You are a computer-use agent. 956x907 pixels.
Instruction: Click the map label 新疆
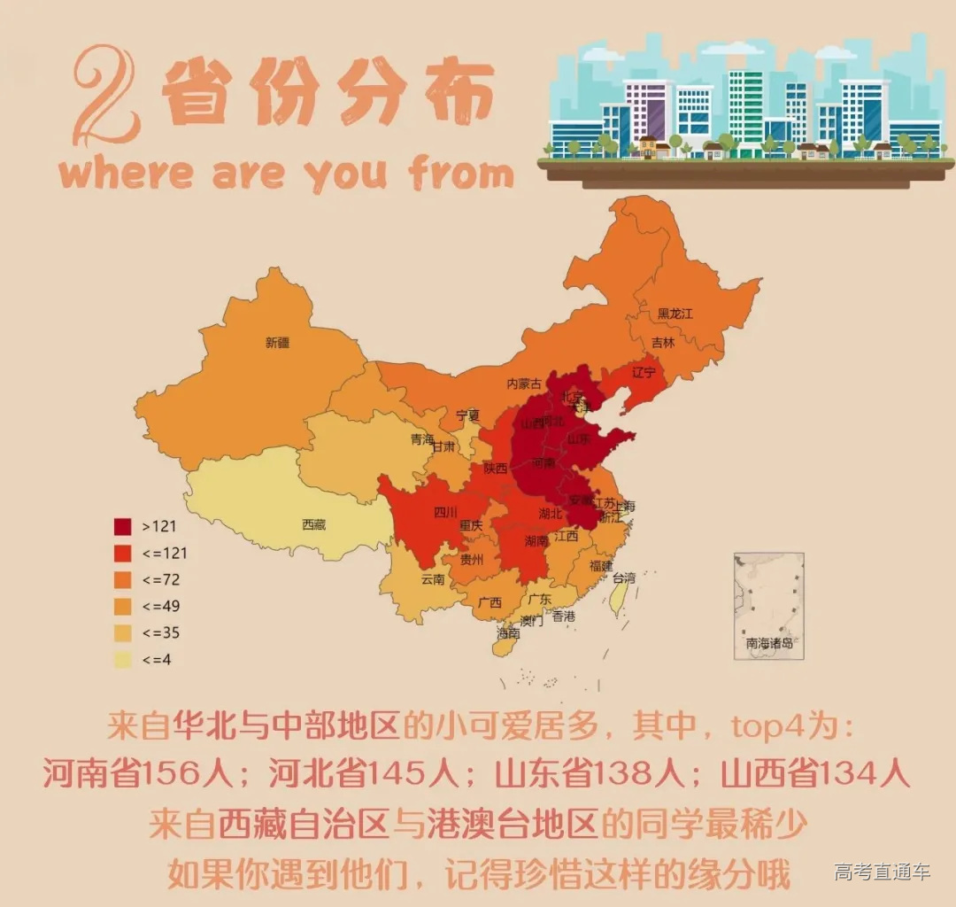(277, 342)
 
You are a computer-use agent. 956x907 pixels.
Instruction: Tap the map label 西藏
(313, 524)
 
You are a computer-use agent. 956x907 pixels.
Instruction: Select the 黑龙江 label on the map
(675, 314)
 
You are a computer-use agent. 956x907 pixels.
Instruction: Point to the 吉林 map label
(662, 342)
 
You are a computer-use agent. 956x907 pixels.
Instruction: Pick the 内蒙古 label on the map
(523, 384)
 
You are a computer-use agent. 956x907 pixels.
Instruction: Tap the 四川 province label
(445, 512)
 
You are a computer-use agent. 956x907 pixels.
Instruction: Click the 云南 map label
(432, 579)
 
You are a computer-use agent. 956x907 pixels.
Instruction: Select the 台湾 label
(623, 578)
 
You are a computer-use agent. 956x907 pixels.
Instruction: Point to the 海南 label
(508, 633)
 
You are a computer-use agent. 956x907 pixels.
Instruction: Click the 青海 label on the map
(422, 439)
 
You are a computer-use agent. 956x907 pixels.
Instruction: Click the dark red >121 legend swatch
(123, 526)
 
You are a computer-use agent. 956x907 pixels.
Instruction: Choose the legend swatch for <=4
(123, 659)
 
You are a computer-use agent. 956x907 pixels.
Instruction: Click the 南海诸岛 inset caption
(768, 644)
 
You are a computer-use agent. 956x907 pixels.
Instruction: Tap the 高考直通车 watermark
(882, 872)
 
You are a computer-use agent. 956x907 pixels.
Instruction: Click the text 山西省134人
(814, 773)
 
